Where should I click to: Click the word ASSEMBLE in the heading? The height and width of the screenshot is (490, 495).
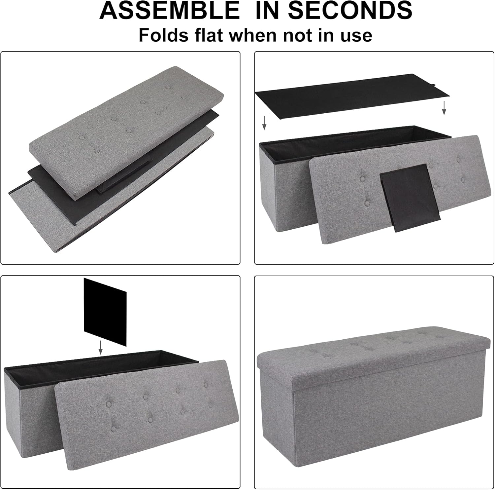[170, 10]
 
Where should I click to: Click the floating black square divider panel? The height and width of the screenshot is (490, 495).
[105, 312]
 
